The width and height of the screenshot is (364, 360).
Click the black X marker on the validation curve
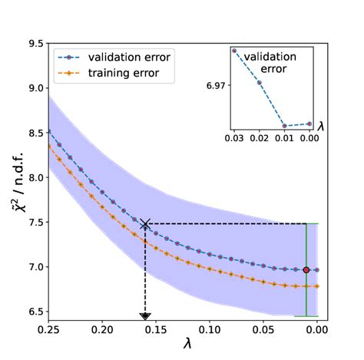coord(145,224)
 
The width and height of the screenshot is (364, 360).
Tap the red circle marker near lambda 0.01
coord(306,270)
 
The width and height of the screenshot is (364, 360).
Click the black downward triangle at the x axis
coord(145,316)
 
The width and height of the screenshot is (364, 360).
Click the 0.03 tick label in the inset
coord(234,137)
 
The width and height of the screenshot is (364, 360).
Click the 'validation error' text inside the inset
coord(290,62)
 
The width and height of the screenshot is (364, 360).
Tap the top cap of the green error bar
coord(306,223)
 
